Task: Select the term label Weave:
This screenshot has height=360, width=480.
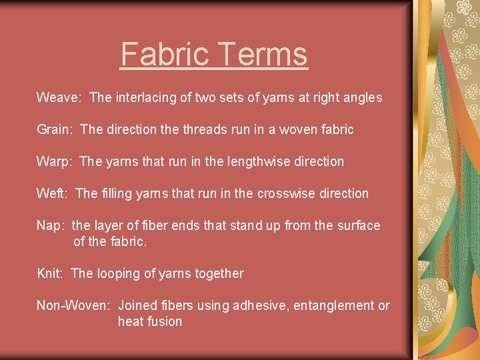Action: pos(59,98)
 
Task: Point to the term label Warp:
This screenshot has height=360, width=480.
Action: pos(55,162)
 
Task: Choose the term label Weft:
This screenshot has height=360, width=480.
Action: pos(53,194)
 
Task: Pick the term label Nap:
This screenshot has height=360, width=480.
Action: pos(51,226)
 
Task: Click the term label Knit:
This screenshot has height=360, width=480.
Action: pos(51,274)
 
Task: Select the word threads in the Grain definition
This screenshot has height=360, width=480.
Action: pos(203,130)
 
